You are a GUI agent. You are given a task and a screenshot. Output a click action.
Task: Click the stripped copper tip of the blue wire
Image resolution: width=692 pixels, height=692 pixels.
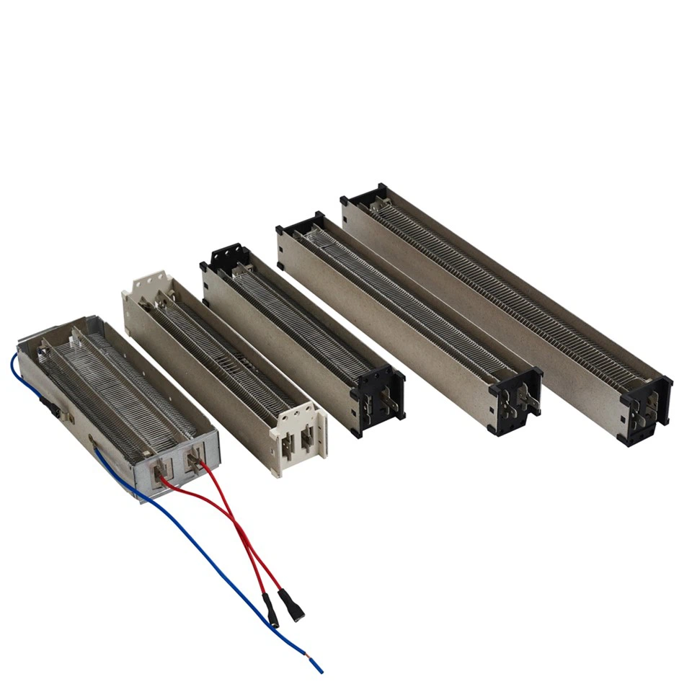318,666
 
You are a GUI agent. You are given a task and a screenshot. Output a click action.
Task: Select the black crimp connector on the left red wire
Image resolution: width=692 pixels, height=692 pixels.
272,611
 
